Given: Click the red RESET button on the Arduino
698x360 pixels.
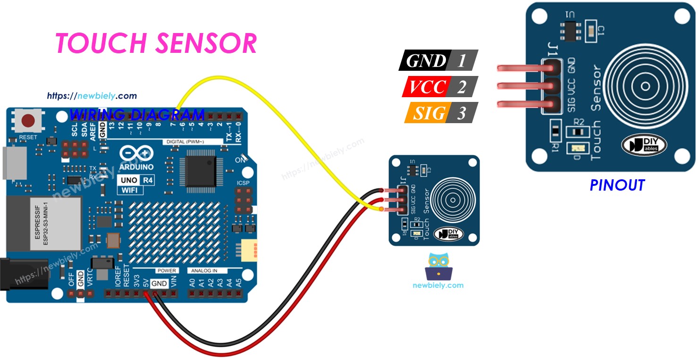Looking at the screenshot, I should click(x=28, y=121).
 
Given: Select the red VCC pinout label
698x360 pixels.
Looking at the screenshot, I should click(x=427, y=87).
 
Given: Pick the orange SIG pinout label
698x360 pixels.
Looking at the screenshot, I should click(x=427, y=113).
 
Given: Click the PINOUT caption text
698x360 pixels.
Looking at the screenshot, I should click(x=617, y=185).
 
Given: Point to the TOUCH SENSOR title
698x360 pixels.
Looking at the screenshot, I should click(x=156, y=43).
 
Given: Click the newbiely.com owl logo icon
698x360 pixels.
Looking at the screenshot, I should click(x=438, y=267).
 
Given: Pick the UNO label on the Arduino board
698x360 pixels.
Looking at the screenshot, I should click(x=128, y=180).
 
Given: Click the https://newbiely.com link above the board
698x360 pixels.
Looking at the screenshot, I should click(x=92, y=96).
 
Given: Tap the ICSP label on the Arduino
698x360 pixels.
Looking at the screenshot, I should click(x=243, y=183).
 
